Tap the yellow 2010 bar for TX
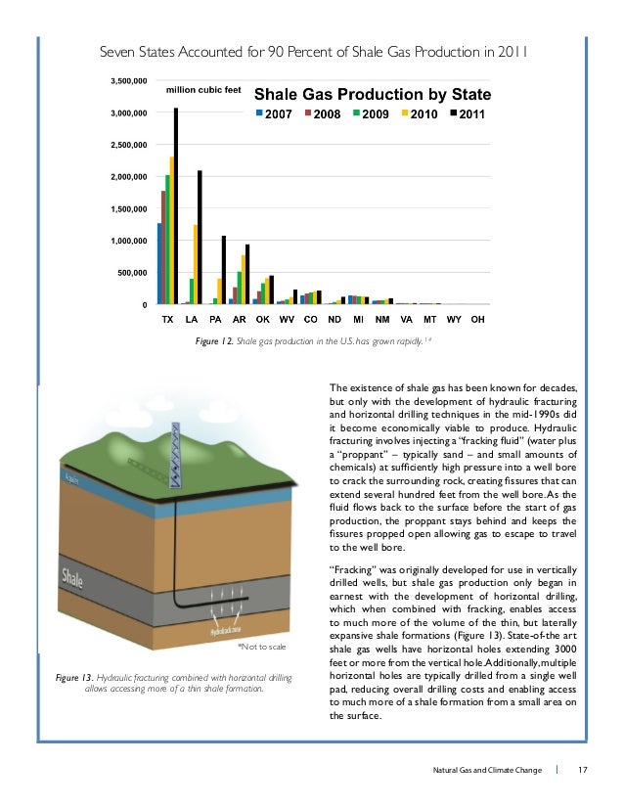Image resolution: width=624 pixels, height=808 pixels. pyautogui.click(x=171, y=230)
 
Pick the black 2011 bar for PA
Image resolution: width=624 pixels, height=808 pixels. pyautogui.click(x=224, y=270)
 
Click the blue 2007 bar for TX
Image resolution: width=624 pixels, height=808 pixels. pyautogui.click(x=159, y=264)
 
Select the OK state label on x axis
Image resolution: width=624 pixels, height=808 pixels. pyautogui.click(x=262, y=320)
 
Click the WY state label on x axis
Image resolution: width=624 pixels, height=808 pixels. pyautogui.click(x=453, y=320)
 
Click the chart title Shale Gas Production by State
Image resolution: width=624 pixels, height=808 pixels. pyautogui.click(x=372, y=95)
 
